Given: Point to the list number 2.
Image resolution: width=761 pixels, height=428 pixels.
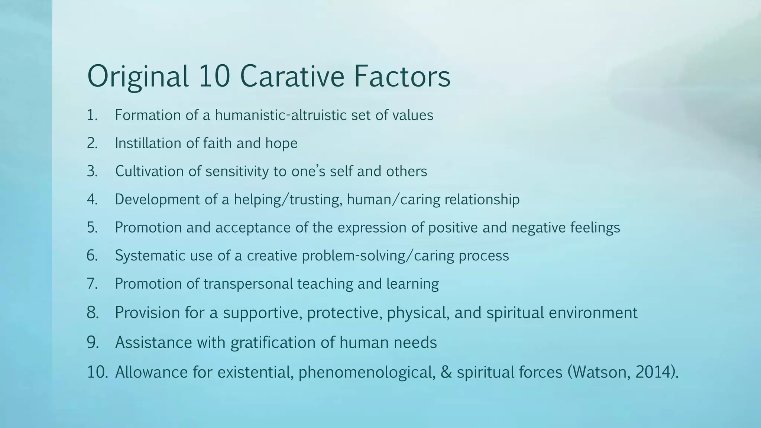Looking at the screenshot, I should coord(92,143).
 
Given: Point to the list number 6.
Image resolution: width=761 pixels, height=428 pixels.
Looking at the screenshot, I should coord(92,256).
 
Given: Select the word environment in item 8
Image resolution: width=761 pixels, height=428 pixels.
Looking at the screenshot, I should coord(593,312).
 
